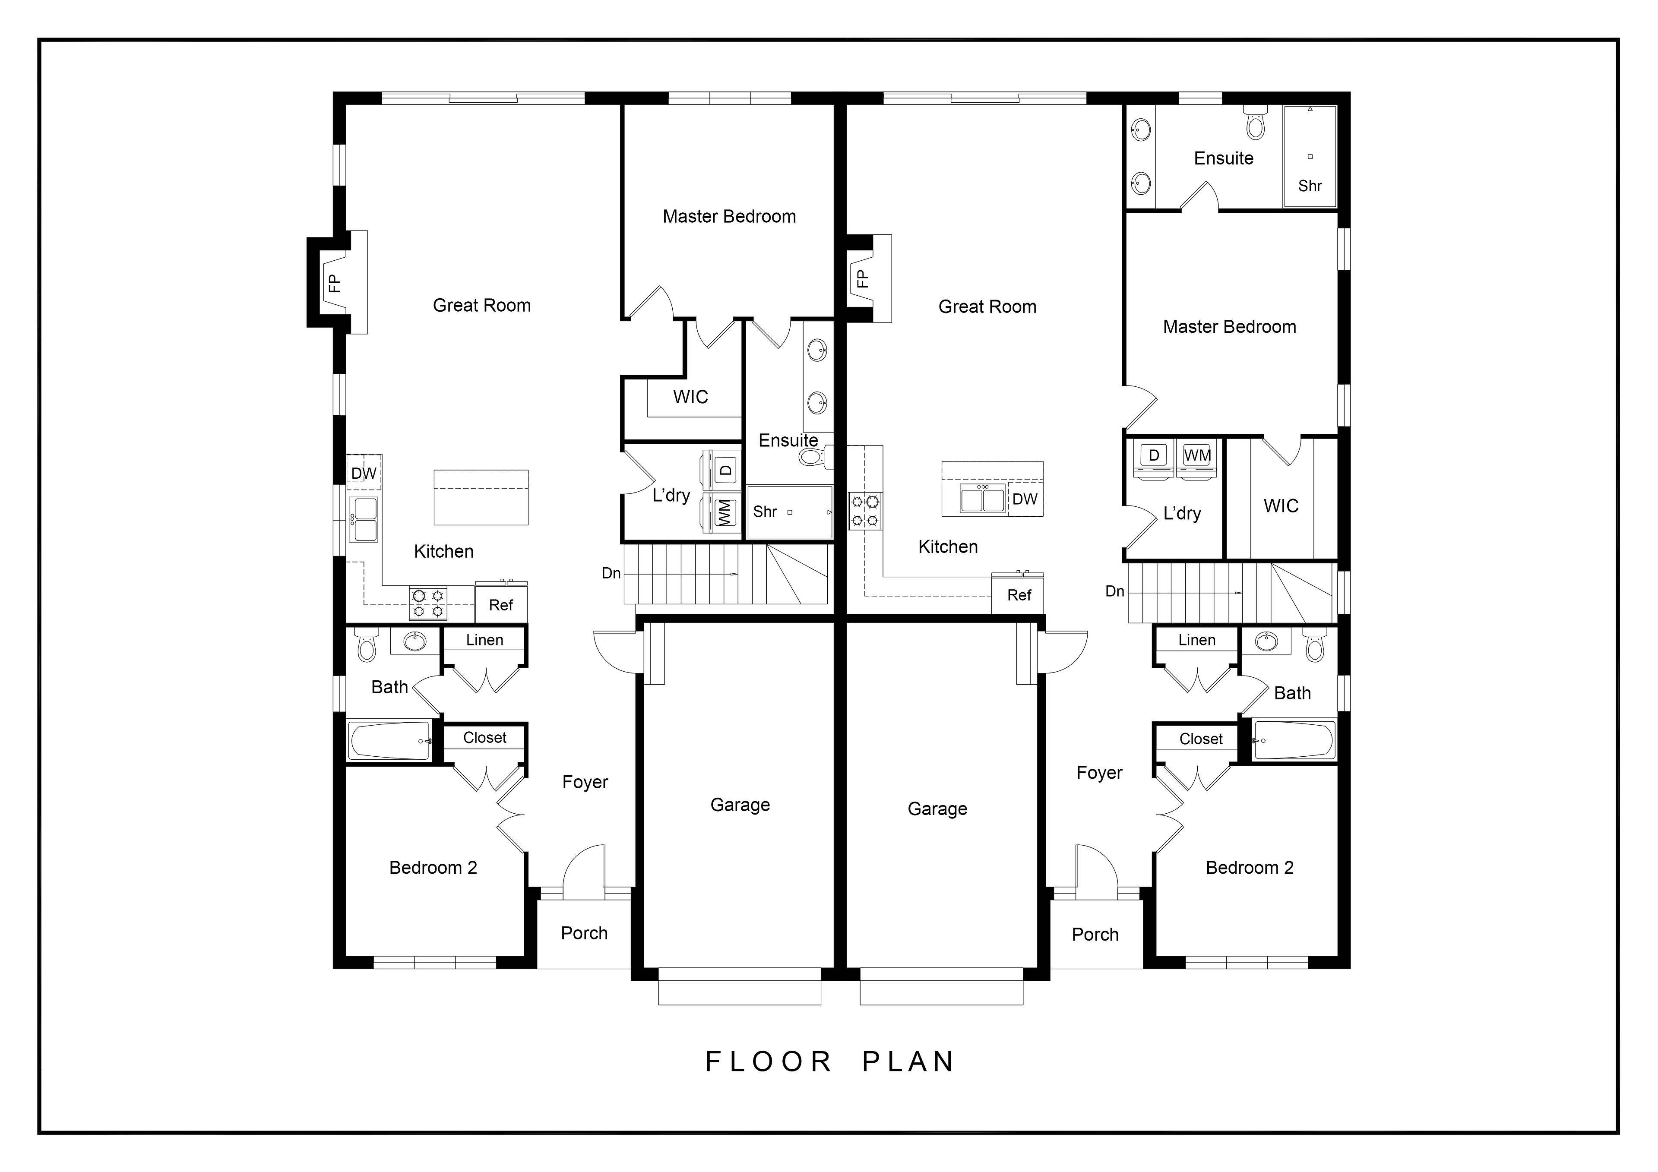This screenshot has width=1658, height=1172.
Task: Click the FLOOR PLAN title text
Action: coord(830,1061)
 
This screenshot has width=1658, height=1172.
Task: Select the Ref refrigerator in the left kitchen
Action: coord(501,603)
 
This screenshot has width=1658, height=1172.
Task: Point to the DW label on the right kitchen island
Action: coord(1025,499)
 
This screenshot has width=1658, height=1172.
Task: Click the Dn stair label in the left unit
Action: coord(611,573)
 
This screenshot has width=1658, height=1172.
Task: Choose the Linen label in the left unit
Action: coord(484,640)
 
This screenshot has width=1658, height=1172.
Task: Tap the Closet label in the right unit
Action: coord(1201,739)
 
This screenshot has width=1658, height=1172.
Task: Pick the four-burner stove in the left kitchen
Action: coord(429,603)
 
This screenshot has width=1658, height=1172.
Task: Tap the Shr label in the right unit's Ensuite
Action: coord(1310,186)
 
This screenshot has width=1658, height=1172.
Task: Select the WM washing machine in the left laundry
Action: coord(724,512)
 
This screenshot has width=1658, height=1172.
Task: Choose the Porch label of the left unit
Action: coord(584,933)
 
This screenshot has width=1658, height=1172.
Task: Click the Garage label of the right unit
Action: coord(937,809)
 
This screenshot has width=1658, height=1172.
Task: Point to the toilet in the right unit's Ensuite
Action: coord(1256,123)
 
